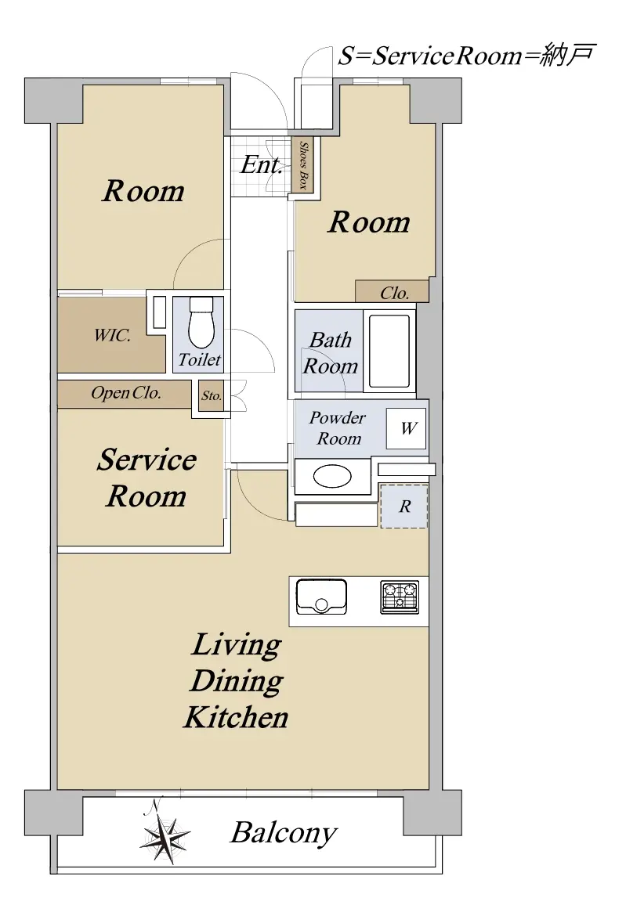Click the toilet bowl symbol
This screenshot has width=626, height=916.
(201, 323)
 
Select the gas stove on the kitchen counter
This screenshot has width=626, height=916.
(400, 597)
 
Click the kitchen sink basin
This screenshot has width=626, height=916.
(321, 597)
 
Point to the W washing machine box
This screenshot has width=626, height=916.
(406, 428)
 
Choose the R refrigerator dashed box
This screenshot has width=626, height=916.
(404, 507)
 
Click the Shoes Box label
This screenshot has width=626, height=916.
(302, 165)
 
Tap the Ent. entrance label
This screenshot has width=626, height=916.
(261, 164)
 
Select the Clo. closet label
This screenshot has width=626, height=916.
(395, 293)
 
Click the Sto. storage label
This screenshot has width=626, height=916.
(211, 395)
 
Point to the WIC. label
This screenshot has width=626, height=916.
(112, 335)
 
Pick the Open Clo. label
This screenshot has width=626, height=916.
(125, 392)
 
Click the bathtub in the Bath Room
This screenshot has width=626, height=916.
(389, 351)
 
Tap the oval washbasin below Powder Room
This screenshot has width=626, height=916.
(332, 477)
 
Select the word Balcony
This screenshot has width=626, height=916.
(284, 832)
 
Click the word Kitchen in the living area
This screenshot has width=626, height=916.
(236, 717)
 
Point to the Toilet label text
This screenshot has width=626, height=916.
(199, 359)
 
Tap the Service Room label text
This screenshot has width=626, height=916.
(147, 478)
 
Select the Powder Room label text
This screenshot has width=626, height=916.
(337, 428)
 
